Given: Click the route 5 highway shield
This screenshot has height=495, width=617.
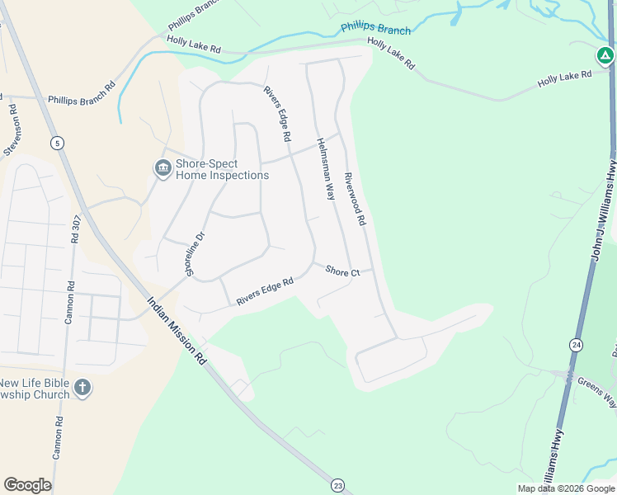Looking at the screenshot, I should [x=57, y=144].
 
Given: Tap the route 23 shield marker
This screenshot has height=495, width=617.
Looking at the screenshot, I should [x=337, y=484].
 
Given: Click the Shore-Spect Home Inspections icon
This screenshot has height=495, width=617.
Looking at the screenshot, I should [x=162, y=168].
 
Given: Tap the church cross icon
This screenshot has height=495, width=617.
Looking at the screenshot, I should [x=82, y=387].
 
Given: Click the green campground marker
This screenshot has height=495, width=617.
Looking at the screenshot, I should [x=605, y=56].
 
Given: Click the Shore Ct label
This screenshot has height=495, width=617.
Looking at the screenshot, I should [x=342, y=271].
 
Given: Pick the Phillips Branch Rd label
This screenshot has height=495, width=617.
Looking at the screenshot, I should [x=81, y=94].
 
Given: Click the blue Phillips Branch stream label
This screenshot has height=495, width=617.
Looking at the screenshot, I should [x=375, y=31].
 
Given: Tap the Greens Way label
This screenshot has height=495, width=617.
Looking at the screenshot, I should [x=596, y=392].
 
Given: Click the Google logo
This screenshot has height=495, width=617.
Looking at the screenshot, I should [x=27, y=485].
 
